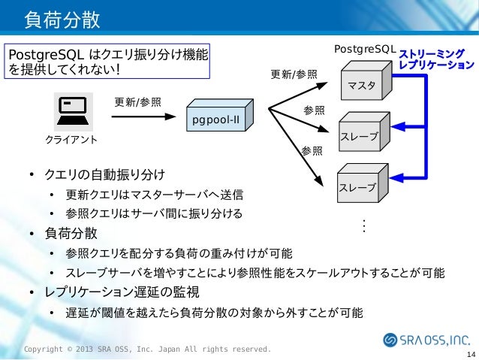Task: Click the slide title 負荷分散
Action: (62, 19)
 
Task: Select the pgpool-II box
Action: (218, 118)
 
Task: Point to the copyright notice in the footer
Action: (147, 349)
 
